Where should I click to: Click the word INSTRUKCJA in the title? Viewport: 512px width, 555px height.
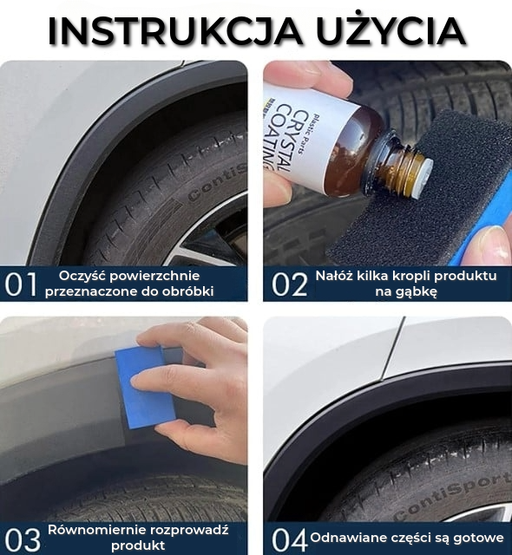coord(175,30)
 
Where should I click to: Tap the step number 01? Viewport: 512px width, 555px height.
coord(21,284)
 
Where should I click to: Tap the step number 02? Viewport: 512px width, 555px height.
coord(289,284)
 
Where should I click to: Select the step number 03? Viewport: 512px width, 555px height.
coord(22,539)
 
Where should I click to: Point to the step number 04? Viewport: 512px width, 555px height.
coord(289,539)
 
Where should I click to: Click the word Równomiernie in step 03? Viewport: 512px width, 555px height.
coord(96,530)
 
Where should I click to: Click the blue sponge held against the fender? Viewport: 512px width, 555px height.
coord(144,388)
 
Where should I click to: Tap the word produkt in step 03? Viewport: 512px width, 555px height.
coord(138,545)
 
